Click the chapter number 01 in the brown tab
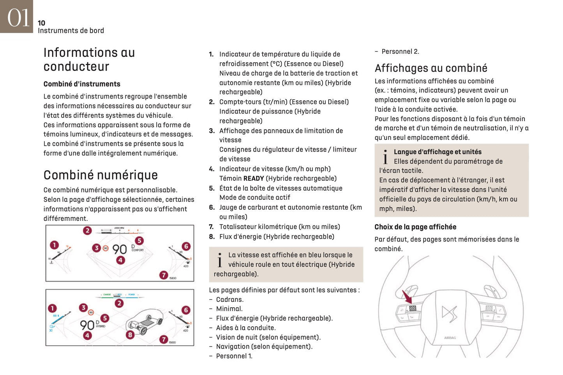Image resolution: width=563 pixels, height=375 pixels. [x=18, y=18]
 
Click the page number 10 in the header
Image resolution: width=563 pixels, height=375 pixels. [x=41, y=23]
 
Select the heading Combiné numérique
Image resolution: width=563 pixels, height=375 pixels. [x=101, y=175]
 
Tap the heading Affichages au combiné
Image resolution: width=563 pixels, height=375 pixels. [x=431, y=68]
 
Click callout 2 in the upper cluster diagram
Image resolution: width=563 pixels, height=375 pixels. [x=87, y=231]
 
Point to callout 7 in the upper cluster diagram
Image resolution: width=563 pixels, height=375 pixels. [x=164, y=275]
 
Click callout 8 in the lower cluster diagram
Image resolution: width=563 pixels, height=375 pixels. [x=130, y=335]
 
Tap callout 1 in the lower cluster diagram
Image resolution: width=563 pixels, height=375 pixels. [x=52, y=308]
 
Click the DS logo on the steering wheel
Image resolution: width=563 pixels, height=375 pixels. [x=449, y=313]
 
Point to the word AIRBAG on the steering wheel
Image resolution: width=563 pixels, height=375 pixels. [x=450, y=338]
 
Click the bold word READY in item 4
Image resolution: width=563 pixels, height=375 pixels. [x=253, y=179]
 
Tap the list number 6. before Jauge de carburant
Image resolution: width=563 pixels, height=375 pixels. [x=212, y=208]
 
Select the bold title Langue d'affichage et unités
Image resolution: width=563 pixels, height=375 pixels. [x=437, y=152]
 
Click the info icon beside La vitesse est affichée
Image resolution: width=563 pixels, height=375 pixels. [x=220, y=260]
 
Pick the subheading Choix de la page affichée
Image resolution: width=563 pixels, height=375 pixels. [x=415, y=227]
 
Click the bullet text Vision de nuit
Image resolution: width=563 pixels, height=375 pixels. [x=268, y=337]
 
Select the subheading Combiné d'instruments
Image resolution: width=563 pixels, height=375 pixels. [x=82, y=84]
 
